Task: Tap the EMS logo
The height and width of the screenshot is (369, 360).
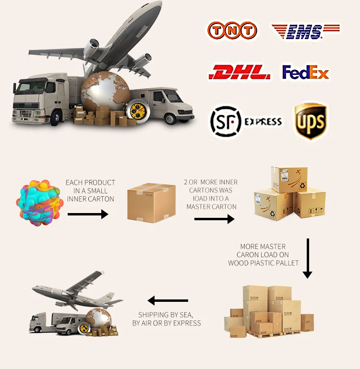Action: coord(306,31)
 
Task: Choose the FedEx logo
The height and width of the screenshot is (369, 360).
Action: coord(305,72)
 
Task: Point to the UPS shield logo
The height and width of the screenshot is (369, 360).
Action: coord(311,121)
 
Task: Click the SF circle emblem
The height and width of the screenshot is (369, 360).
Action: coord(225,121)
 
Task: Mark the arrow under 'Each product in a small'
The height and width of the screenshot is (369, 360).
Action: coord(88,214)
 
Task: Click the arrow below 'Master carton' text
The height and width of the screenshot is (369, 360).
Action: coord(214,219)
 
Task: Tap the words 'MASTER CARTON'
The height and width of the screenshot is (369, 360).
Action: coord(212,207)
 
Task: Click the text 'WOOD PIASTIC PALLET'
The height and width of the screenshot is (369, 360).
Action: coord(264,263)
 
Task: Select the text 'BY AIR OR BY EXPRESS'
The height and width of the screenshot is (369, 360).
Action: coord(167,323)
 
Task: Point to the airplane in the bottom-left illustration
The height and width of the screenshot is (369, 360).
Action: coord(77,290)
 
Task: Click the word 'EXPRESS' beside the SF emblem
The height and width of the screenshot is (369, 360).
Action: coord(263,122)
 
